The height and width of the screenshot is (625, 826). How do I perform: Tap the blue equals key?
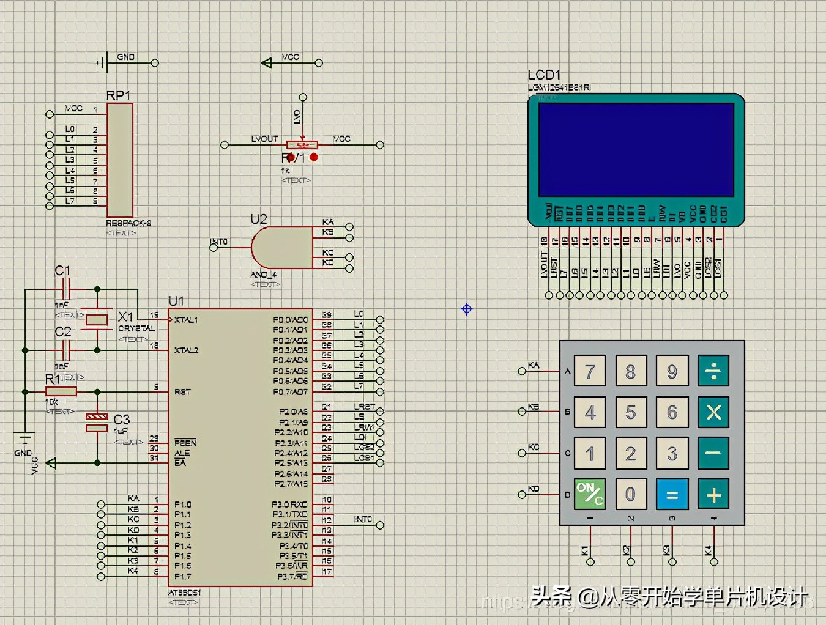click(672, 494)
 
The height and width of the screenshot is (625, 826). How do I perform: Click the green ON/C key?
click(590, 494)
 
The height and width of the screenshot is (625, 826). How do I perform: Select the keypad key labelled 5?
click(631, 412)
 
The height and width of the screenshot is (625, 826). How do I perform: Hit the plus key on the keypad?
click(713, 494)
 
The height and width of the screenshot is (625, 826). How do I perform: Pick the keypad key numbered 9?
click(672, 371)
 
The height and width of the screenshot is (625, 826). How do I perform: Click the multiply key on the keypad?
click(713, 412)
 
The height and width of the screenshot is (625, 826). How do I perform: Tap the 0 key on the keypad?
click(631, 494)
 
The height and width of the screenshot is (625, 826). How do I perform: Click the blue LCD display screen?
click(636, 149)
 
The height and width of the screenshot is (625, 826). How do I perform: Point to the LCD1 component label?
click(544, 75)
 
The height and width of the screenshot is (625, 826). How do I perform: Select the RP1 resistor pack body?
click(120, 159)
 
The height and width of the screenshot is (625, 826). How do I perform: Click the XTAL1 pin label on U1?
click(186, 320)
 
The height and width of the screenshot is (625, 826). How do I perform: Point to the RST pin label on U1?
click(182, 392)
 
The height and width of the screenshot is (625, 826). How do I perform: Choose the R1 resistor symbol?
click(61, 391)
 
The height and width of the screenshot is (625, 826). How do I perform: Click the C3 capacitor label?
click(122, 420)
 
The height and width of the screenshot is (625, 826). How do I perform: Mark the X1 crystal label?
click(125, 316)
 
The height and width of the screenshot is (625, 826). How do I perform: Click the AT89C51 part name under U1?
click(185, 593)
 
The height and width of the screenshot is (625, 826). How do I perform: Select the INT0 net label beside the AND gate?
click(218, 242)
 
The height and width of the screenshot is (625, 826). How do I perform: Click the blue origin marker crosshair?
click(467, 309)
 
